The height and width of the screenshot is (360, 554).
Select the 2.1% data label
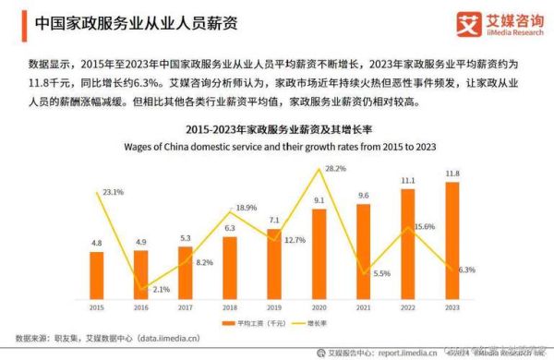[x=161, y=289]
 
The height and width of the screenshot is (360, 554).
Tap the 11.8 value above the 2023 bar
[x=452, y=173]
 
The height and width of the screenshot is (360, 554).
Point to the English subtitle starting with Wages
[x=276, y=147]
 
